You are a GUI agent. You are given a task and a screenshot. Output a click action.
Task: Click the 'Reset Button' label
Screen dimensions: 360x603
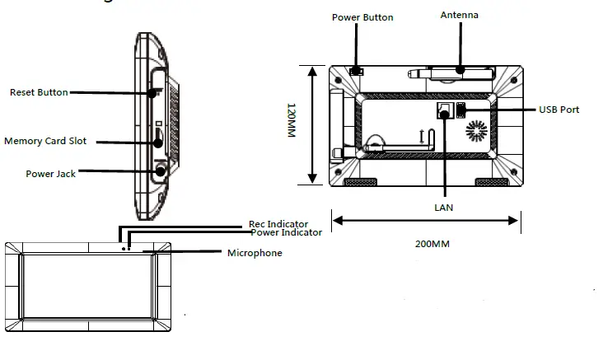click(x=39, y=92)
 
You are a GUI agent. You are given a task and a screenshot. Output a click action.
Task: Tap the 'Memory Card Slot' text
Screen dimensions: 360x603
click(x=45, y=141)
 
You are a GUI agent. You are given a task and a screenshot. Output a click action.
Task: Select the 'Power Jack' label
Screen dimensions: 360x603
click(x=50, y=174)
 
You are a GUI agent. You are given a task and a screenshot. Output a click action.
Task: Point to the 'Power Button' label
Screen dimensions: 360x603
click(x=362, y=17)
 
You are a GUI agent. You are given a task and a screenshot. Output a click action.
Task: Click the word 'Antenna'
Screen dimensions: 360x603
click(x=459, y=15)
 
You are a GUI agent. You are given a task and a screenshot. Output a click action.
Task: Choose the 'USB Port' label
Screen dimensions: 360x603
click(x=559, y=110)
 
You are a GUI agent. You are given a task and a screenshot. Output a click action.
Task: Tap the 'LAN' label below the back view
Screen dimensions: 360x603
click(x=444, y=207)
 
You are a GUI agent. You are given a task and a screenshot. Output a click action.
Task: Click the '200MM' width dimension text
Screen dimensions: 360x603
click(x=432, y=245)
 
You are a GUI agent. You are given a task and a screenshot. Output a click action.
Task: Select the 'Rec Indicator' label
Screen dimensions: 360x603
click(x=278, y=223)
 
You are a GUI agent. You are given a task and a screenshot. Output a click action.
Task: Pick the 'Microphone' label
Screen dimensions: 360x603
click(x=255, y=253)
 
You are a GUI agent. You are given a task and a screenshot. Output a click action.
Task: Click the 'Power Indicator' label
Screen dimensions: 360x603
click(x=286, y=233)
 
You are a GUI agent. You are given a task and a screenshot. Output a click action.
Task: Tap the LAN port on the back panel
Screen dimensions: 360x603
click(x=443, y=111)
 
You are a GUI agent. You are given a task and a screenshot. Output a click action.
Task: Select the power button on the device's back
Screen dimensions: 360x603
click(x=356, y=72)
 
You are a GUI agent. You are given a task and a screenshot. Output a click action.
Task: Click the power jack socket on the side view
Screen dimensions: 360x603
click(x=158, y=171)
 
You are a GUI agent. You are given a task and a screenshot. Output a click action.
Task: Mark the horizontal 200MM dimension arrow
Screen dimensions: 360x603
click(x=425, y=220)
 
